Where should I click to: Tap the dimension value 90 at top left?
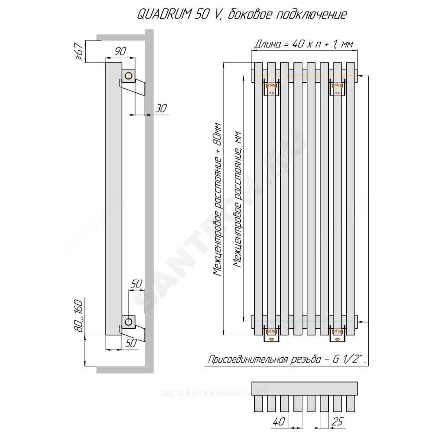(x=121, y=51)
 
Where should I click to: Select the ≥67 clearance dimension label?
(x=79, y=51)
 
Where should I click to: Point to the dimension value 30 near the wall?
(x=161, y=108)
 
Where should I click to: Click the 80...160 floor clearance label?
(x=79, y=316)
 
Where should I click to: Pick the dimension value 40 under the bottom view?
(x=279, y=422)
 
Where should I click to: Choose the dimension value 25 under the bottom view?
(x=337, y=422)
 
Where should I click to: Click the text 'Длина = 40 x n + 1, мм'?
(x=304, y=44)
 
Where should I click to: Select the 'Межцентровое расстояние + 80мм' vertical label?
(x=217, y=199)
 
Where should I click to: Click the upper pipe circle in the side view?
(x=128, y=76)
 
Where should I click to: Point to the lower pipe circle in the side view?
(x=128, y=322)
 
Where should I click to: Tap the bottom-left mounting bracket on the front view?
(x=271, y=334)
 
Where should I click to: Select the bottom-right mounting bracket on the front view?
(x=337, y=334)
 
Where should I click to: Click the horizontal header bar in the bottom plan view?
(x=304, y=389)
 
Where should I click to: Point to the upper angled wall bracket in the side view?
(x=132, y=88)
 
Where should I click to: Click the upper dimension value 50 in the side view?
(x=136, y=284)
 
